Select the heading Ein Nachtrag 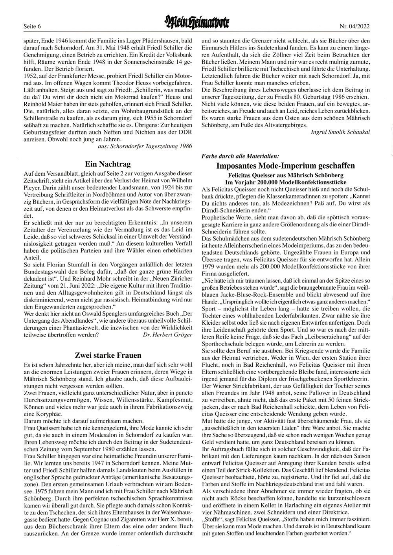click(108, 164)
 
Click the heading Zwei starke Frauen click(108, 355)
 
